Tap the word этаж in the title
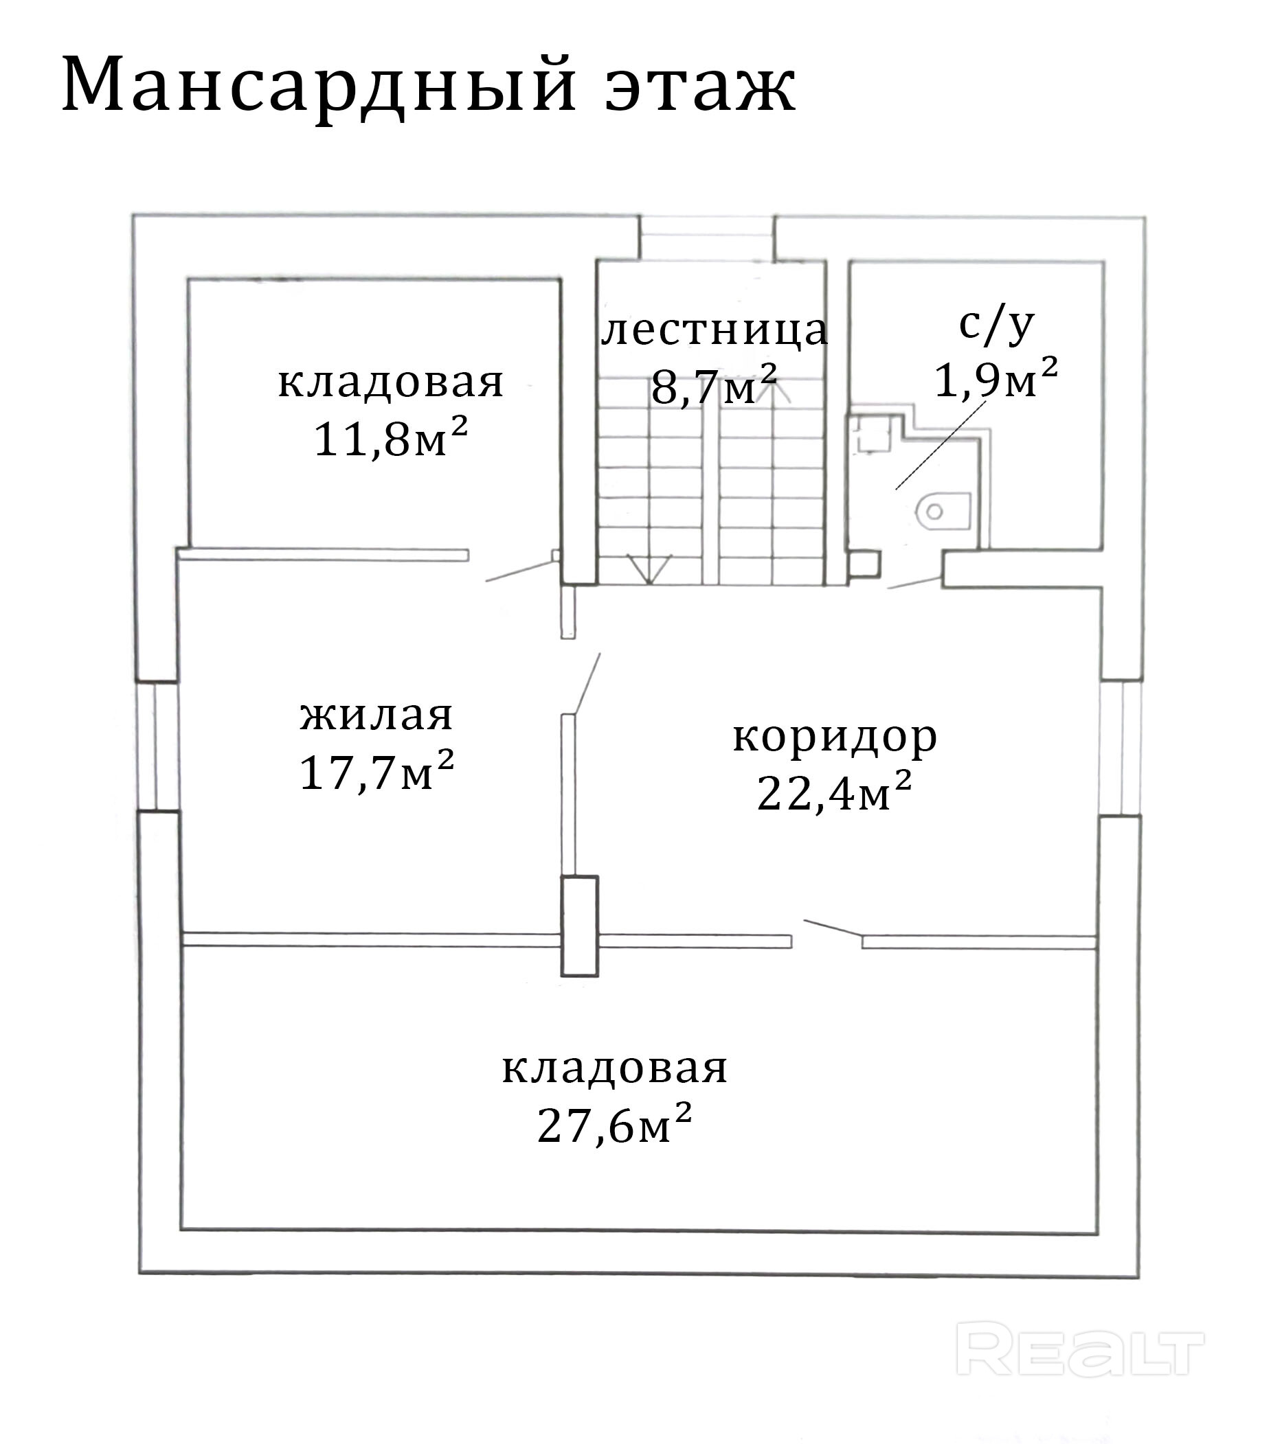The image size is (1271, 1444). (700, 87)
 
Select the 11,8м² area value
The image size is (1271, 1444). (390, 438)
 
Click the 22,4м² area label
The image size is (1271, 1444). (834, 791)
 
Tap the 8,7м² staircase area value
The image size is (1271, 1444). (714, 385)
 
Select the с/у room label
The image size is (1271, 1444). (997, 325)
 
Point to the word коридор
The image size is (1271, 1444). (834, 736)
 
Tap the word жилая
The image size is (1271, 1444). (376, 715)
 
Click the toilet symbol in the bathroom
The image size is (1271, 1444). (943, 512)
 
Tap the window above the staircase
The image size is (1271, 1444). (707, 238)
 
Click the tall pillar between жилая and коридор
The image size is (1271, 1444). (580, 926)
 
